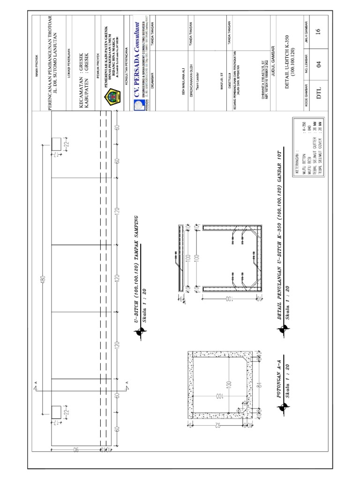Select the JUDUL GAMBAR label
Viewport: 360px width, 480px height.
271,54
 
